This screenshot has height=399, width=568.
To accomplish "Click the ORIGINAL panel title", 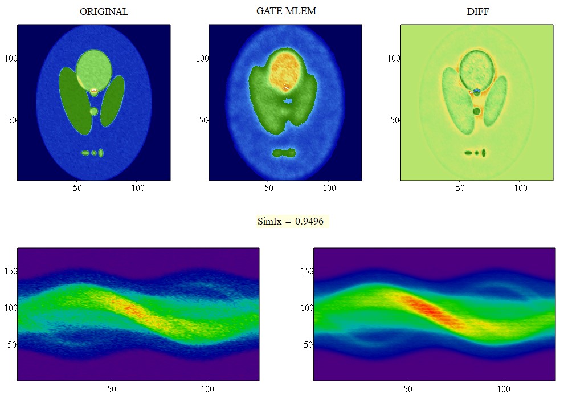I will click(104, 11).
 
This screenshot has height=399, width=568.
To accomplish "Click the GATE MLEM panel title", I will click(286, 11).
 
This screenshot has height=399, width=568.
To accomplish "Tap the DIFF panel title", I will click(477, 11).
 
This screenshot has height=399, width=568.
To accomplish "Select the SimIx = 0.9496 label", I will click(292, 221).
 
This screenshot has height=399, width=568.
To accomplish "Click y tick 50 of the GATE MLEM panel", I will click(202, 120).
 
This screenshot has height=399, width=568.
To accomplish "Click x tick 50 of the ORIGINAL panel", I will click(77, 188).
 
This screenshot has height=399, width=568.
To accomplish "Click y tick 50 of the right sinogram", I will click(308, 344).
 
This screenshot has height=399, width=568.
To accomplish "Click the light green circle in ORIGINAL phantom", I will click(94, 68).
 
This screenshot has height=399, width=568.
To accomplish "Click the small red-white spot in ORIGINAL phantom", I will click(95, 91).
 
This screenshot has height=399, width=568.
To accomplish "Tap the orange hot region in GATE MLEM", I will click(287, 71).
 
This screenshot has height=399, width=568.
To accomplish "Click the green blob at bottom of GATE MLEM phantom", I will click(284, 153).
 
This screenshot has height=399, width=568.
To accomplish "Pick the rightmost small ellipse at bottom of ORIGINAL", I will click(101, 153).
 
